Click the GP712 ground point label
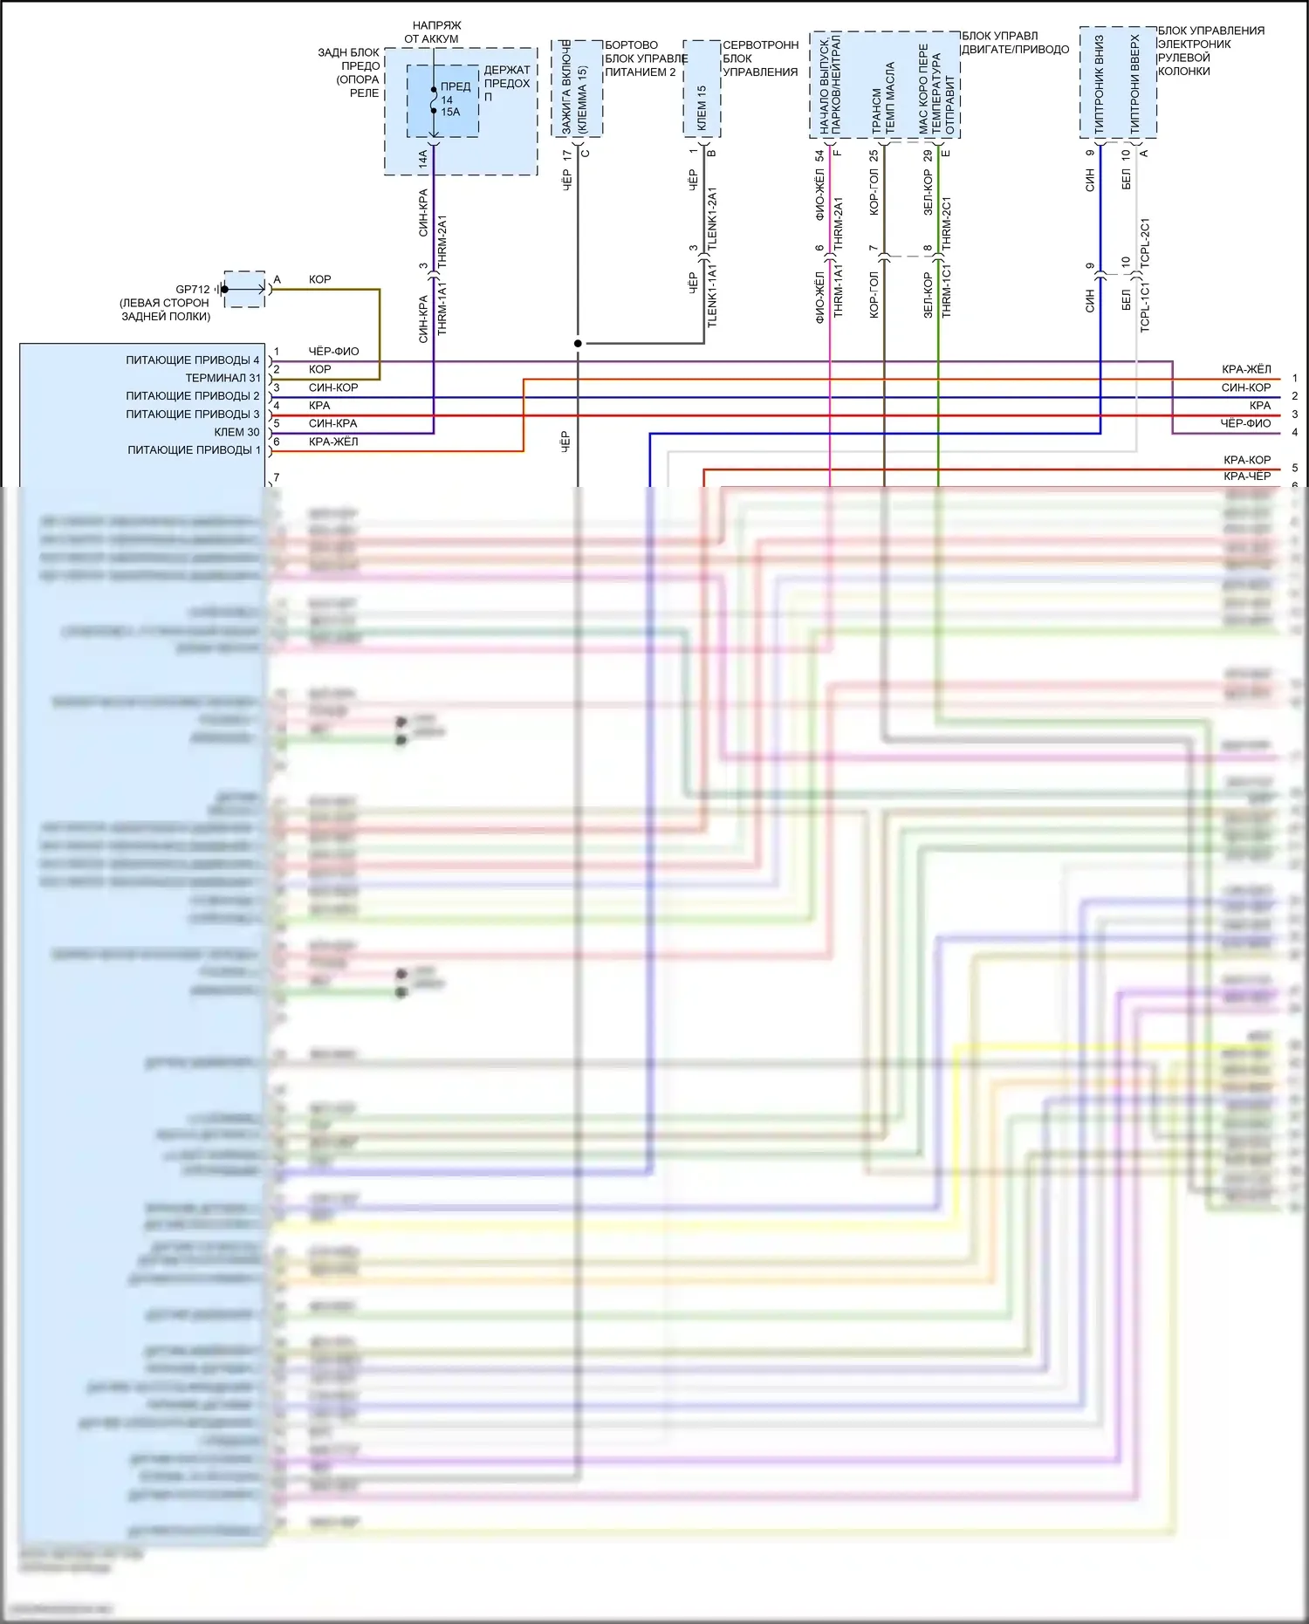pos(192,290)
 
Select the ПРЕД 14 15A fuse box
pos(442,100)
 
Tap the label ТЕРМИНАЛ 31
pos(223,378)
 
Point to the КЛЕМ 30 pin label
pos(236,432)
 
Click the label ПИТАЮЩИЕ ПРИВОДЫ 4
pos(192,360)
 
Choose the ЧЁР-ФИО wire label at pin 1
pos(333,352)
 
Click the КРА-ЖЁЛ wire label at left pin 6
pos(333,442)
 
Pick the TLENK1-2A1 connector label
pos(712,218)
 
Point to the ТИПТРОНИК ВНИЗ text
pos(1099,84)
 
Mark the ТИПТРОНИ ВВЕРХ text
pos(1135,84)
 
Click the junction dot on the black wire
pos(578,344)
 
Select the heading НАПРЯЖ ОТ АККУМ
pos(433,32)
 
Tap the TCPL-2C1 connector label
pos(1145,242)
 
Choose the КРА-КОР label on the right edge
pos(1247,460)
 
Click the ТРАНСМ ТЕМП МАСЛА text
pos(883,98)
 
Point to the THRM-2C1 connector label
pos(947,223)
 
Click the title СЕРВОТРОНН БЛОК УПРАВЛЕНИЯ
pos(760,58)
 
